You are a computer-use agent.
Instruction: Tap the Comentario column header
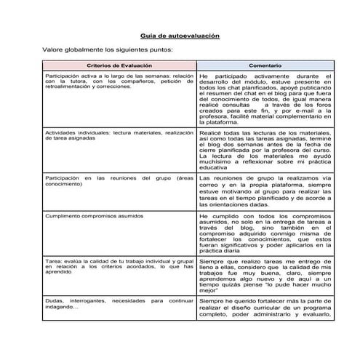(x=265, y=65)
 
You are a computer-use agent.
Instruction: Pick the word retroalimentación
(x=70, y=87)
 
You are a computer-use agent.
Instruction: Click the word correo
(x=210, y=185)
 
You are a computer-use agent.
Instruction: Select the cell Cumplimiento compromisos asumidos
(x=87, y=216)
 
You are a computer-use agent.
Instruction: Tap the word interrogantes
(x=93, y=300)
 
